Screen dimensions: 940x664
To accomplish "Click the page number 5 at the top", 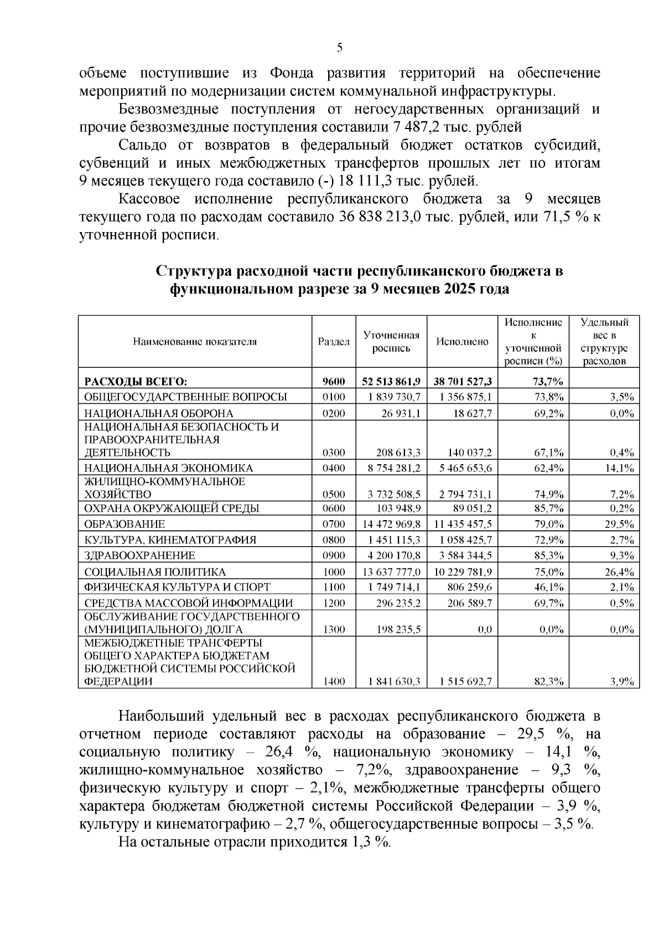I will (340, 48).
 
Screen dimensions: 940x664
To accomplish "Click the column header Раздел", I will (334, 342).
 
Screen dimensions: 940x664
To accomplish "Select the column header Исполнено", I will (463, 342).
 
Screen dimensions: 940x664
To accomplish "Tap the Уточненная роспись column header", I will (391, 342).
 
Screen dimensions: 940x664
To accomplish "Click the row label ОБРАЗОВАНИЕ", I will (124, 524).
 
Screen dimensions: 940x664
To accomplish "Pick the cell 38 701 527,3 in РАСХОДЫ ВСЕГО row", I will (463, 381).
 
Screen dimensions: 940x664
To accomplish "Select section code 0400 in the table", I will (334, 468).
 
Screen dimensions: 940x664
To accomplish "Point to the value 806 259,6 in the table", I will (468, 587).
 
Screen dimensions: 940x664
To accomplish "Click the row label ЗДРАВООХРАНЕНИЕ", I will (139, 556).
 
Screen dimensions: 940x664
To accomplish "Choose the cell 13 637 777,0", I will (395, 572).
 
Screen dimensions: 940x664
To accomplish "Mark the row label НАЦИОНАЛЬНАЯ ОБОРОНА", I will (158, 413).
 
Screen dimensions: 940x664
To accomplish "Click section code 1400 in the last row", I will (334, 682).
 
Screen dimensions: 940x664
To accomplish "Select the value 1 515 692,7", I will (465, 682).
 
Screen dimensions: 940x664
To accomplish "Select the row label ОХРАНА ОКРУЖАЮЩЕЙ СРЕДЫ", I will (172, 508).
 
